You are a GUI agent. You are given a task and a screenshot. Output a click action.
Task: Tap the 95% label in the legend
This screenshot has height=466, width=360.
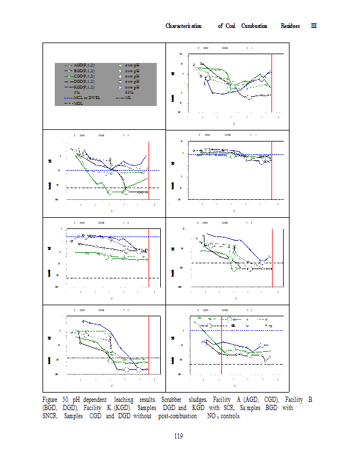pos(129,92)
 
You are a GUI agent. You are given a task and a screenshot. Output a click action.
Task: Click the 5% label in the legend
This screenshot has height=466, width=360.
pos(77,92)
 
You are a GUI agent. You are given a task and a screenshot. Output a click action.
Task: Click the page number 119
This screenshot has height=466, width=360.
pos(179,437)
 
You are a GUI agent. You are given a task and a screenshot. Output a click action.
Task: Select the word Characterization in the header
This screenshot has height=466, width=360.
pos(183,26)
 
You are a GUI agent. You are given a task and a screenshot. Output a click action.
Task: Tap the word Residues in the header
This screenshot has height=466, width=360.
pos(291,26)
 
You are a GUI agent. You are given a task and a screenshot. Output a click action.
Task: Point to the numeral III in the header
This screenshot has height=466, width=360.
pos(313,26)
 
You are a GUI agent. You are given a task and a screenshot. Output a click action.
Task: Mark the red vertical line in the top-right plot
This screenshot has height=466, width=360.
pos(272,82)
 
